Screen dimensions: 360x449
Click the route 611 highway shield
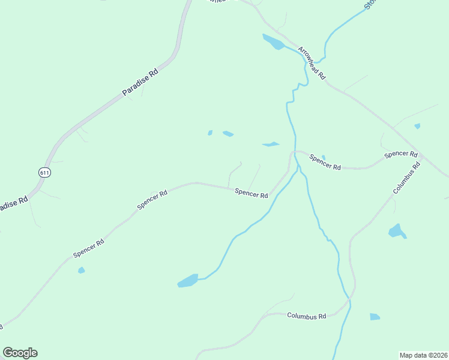pos(44,172)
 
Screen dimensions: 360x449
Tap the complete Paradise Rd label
pos(140,82)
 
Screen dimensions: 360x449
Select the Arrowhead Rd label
pos(312,64)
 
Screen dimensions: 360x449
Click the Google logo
pos(20,353)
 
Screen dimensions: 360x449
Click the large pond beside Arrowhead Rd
pos(273,42)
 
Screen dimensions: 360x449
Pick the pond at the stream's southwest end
pos(188,281)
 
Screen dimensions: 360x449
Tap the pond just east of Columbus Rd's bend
pos(397,231)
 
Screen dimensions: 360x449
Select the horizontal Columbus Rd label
pos(306,316)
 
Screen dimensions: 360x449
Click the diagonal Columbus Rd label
pos(405,178)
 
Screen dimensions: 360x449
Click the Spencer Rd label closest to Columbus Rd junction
pos(401,154)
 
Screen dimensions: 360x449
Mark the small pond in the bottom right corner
pos(375,317)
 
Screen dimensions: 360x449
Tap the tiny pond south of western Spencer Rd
pos(81,271)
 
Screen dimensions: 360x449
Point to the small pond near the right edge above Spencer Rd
pos(417,126)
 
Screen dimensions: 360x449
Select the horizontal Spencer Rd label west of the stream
pos(251,193)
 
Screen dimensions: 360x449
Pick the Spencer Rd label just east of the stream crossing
pos(325,162)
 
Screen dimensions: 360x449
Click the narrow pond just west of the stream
pos(271,144)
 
